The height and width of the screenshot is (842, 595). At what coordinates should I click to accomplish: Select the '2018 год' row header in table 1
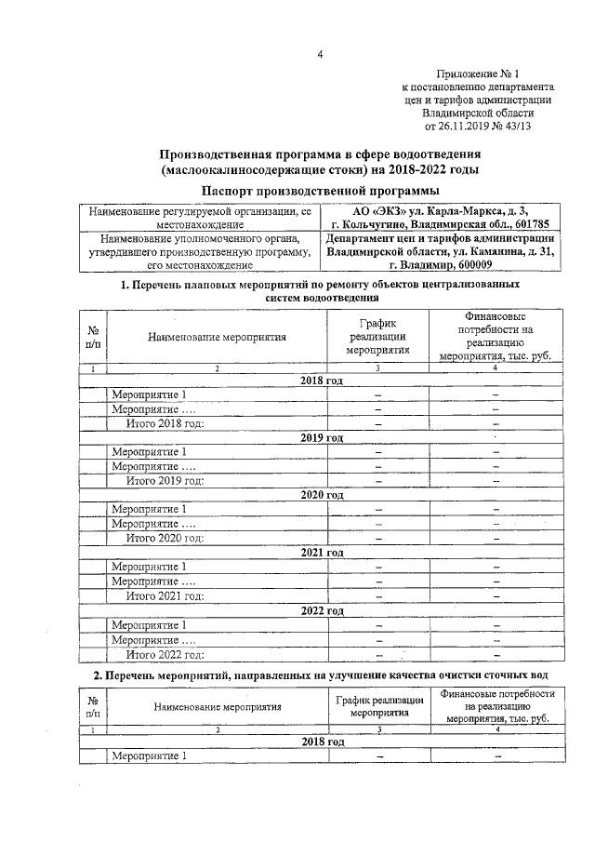pyautogui.click(x=322, y=381)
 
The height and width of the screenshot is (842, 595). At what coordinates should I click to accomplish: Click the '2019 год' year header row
pyautogui.click(x=322, y=437)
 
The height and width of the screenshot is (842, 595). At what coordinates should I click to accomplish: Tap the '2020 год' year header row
pyautogui.click(x=322, y=495)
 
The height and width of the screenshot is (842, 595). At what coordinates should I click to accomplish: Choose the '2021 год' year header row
pyautogui.click(x=322, y=552)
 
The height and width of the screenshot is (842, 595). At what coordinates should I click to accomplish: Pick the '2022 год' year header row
pyautogui.click(x=322, y=610)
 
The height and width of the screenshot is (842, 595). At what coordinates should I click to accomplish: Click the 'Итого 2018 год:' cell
pyautogui.click(x=165, y=423)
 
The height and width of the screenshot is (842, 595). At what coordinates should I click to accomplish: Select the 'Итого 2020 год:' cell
pyautogui.click(x=165, y=538)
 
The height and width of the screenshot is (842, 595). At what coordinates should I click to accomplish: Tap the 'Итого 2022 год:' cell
pyautogui.click(x=165, y=654)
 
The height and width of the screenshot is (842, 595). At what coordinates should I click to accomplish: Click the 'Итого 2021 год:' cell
pyautogui.click(x=165, y=595)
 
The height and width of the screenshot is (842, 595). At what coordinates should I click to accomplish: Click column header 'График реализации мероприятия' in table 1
pyautogui.click(x=377, y=337)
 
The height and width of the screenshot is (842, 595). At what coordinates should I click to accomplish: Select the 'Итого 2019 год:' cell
pyautogui.click(x=165, y=480)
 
